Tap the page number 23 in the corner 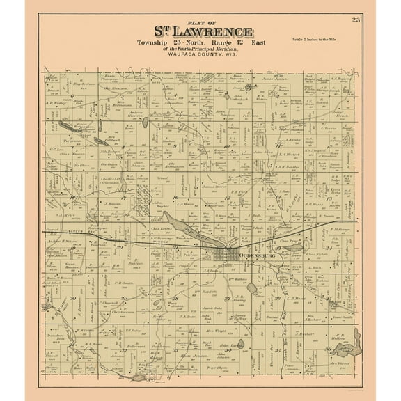[356, 19]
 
